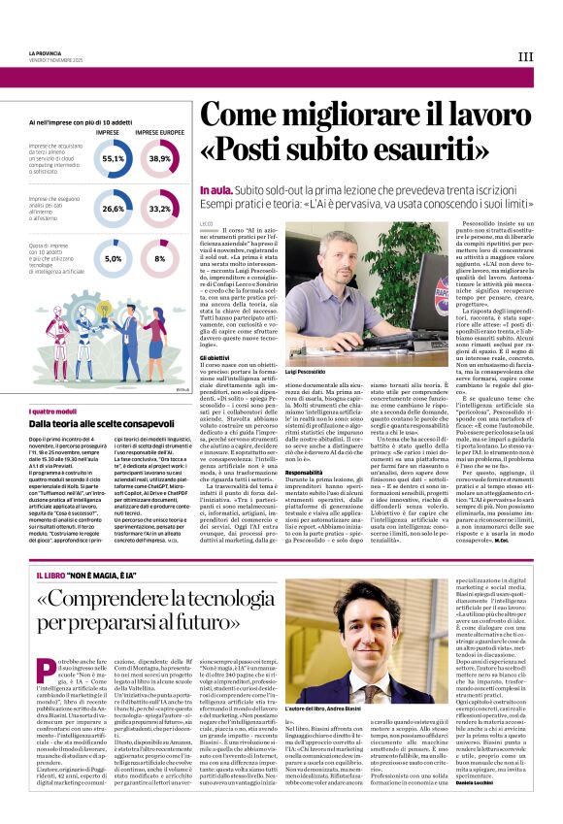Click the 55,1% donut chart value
tap(114, 157)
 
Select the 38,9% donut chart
tap(160, 157)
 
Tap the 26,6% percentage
tap(114, 208)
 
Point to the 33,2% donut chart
tap(160, 208)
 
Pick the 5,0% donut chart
tap(114, 258)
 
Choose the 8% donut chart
tap(160, 258)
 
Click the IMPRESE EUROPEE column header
tap(159, 132)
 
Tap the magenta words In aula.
tap(215, 189)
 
